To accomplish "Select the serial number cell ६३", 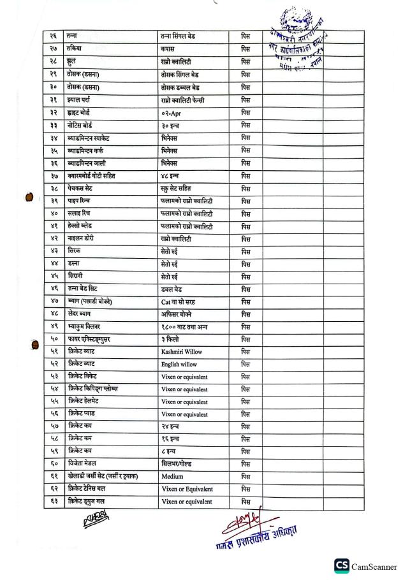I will pos(54,502).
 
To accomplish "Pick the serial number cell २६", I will pos(54,36).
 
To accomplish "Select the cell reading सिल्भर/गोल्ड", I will pos(181,464).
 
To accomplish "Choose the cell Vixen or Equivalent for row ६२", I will pos(187,489).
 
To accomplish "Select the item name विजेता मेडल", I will pos(84,464).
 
